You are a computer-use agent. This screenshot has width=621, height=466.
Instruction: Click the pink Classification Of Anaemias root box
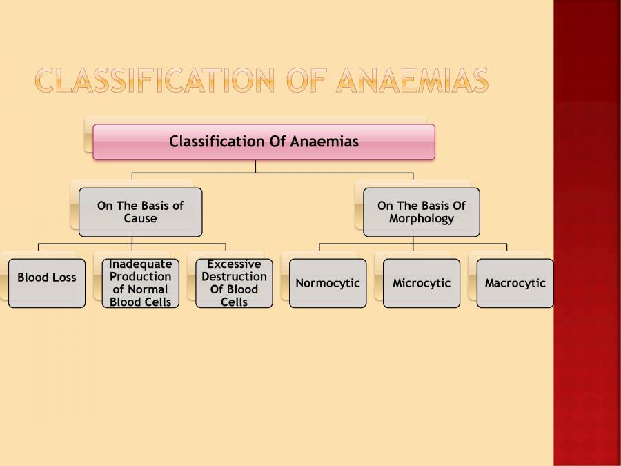(x=264, y=142)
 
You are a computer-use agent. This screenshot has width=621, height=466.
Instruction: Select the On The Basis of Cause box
(x=140, y=212)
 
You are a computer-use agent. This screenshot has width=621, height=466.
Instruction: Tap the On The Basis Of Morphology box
(x=421, y=212)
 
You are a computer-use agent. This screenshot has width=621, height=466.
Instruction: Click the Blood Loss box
(x=47, y=283)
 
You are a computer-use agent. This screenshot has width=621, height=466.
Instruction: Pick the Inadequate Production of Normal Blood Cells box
(x=140, y=283)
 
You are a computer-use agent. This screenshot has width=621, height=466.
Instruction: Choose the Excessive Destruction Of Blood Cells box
(x=234, y=283)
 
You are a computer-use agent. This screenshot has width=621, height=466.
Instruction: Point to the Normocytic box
(x=328, y=283)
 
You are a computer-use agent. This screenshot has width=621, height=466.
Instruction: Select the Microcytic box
(x=422, y=283)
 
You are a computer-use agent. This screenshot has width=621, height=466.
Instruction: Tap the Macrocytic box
(x=515, y=283)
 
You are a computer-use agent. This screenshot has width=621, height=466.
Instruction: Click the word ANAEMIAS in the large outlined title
(x=412, y=81)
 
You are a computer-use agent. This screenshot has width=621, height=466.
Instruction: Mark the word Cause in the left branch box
(x=140, y=219)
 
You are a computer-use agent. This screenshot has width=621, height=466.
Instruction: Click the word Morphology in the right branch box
(x=421, y=219)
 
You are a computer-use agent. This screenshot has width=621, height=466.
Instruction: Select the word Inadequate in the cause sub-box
(x=140, y=264)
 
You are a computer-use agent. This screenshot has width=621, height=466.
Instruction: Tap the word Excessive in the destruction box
(x=234, y=264)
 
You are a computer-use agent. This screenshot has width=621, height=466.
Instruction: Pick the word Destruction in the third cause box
(x=234, y=277)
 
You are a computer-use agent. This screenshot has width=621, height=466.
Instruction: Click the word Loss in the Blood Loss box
(x=63, y=278)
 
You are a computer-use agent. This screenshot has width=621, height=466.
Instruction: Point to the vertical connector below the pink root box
(x=255, y=166)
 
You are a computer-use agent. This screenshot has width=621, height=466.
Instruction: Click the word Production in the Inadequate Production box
(x=140, y=277)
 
